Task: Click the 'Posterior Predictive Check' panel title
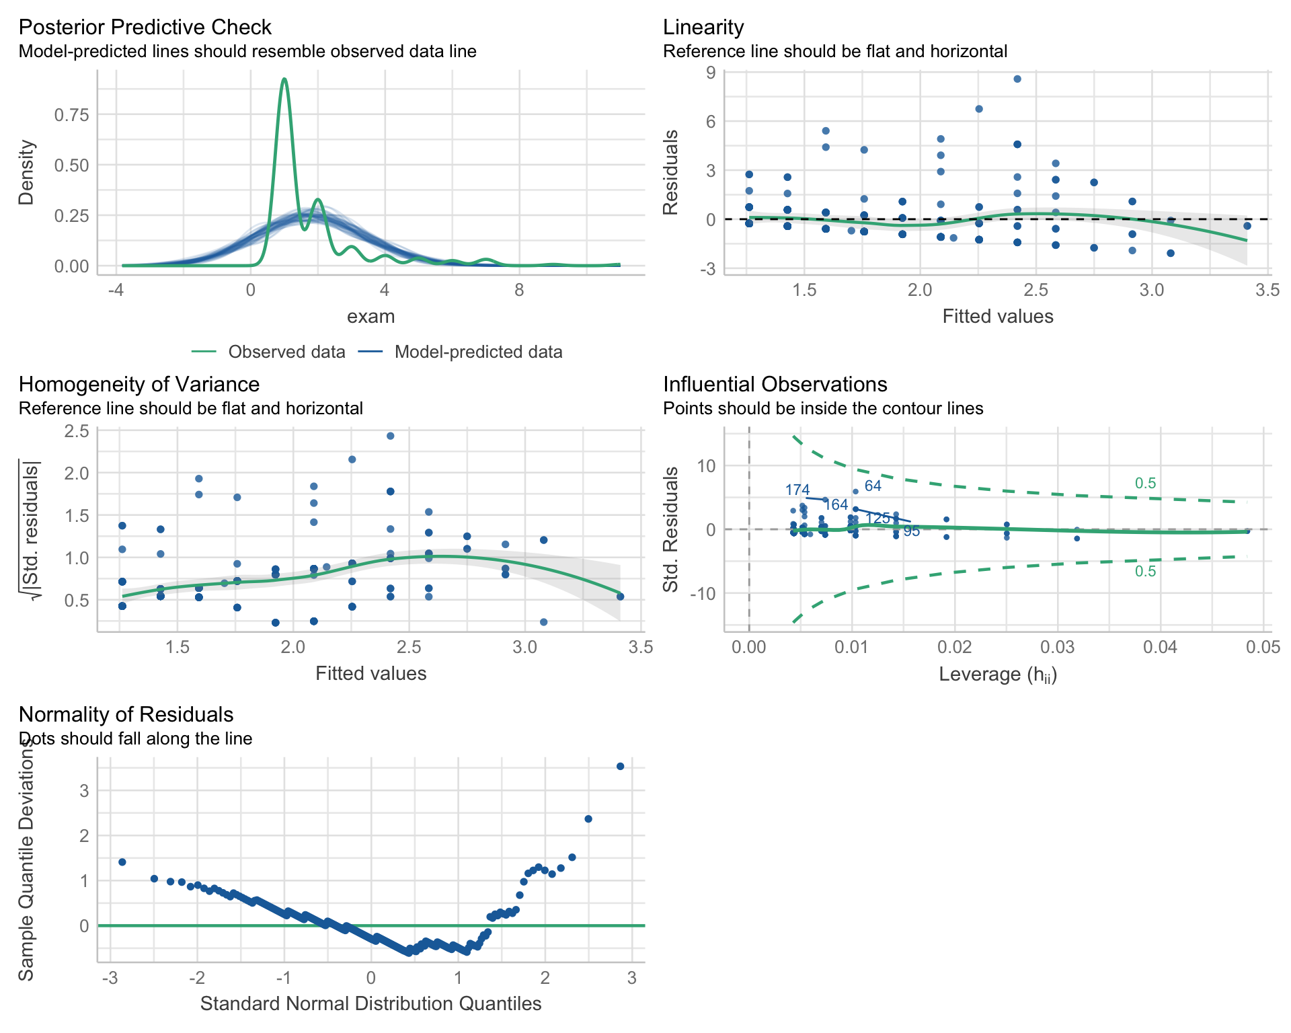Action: [x=145, y=28]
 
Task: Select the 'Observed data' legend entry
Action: [x=286, y=352]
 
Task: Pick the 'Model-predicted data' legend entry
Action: [x=478, y=352]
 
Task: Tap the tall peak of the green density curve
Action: [x=284, y=79]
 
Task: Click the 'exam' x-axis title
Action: [x=370, y=317]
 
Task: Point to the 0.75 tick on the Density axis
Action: [x=71, y=115]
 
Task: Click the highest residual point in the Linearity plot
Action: [x=1017, y=79]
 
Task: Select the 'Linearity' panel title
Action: [x=703, y=28]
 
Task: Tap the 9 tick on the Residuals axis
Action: [x=711, y=72]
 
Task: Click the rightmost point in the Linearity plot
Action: [x=1247, y=226]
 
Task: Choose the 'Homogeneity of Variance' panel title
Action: [x=139, y=385]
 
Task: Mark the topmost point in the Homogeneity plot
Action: [x=390, y=436]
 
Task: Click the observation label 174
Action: [x=797, y=490]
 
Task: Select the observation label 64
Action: [x=873, y=486]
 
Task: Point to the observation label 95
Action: [x=911, y=531]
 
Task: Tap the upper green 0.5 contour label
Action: [x=1145, y=484]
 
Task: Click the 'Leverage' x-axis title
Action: [x=998, y=674]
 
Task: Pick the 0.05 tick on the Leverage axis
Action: [x=1263, y=647]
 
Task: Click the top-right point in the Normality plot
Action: [x=621, y=766]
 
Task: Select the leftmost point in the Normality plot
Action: [x=122, y=862]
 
